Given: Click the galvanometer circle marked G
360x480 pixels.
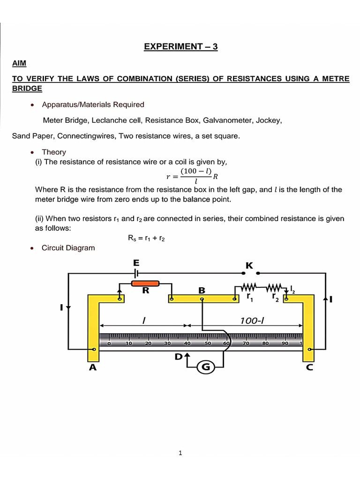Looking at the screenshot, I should (206, 367).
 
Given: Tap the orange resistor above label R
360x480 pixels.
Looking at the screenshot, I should (145, 284).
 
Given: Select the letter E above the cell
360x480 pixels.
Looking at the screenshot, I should (136, 262).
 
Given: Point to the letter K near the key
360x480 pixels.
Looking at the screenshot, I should (249, 265).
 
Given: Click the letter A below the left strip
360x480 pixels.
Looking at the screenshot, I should (93, 368).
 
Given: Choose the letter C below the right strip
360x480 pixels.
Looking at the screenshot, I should (309, 368).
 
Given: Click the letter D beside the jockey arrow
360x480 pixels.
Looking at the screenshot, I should (179, 357).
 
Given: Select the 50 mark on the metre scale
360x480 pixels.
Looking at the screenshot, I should (209, 344).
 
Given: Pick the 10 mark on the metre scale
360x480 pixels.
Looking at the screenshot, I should (129, 344).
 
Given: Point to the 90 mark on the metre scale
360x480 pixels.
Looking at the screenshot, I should (285, 344).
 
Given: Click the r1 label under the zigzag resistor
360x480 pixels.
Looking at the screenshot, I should (249, 297).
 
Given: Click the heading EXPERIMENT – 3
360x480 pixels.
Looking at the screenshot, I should (180, 46).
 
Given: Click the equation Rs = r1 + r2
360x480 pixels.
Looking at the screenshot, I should (146, 238).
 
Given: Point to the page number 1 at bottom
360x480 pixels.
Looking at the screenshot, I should (180, 453).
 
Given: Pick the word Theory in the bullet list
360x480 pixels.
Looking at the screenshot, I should (54, 152).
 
